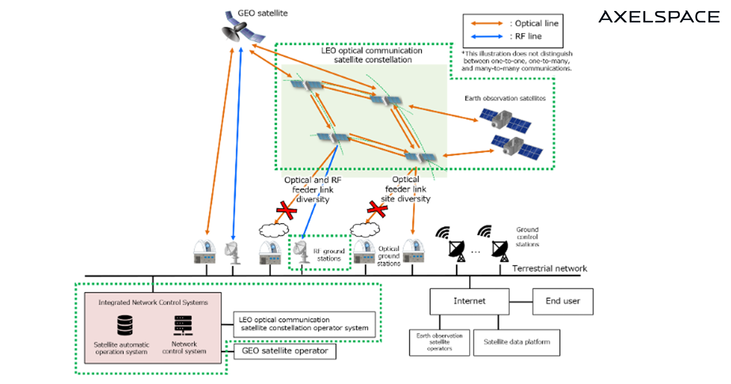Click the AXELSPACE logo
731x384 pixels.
(659, 16)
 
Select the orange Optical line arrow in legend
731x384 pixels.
(486, 23)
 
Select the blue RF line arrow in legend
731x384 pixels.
(486, 37)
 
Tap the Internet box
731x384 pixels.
(470, 301)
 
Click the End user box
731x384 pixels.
(562, 300)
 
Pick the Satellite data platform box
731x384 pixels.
(516, 342)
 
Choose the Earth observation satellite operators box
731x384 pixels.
(439, 342)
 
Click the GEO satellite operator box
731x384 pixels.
(284, 351)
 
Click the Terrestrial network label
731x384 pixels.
(549, 269)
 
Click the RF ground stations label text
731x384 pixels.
(329, 254)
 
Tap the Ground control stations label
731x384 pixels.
(528, 236)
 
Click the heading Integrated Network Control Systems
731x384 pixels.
(153, 302)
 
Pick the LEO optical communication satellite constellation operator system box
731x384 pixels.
(303, 324)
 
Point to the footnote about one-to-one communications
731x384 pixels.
(517, 61)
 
